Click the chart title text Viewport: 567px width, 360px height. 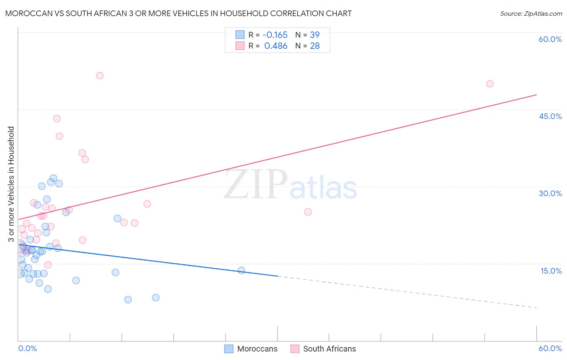click(x=178, y=13)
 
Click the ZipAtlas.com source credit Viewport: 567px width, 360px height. click(x=531, y=13)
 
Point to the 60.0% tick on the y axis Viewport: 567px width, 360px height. click(x=550, y=39)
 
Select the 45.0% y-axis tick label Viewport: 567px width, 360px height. click(x=550, y=116)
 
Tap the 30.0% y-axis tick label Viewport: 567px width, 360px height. click(x=550, y=193)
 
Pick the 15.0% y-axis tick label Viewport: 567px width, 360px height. click(x=551, y=271)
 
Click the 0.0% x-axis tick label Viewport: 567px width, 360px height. click(x=27, y=348)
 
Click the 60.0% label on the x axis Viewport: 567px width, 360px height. click(x=550, y=348)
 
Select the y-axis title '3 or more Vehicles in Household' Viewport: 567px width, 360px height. click(x=11, y=184)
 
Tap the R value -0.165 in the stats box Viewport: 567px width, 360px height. click(x=275, y=35)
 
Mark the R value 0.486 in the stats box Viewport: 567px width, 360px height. click(x=276, y=46)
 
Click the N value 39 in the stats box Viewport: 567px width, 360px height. click(x=315, y=35)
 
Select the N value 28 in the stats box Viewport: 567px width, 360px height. click(x=315, y=46)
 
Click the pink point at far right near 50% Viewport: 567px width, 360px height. click(x=490, y=84)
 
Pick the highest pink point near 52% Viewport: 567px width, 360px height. click(x=100, y=75)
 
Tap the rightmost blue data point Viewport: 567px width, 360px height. click(x=241, y=270)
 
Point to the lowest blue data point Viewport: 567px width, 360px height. click(x=128, y=299)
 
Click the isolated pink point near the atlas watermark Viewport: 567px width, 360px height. click(x=308, y=212)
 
